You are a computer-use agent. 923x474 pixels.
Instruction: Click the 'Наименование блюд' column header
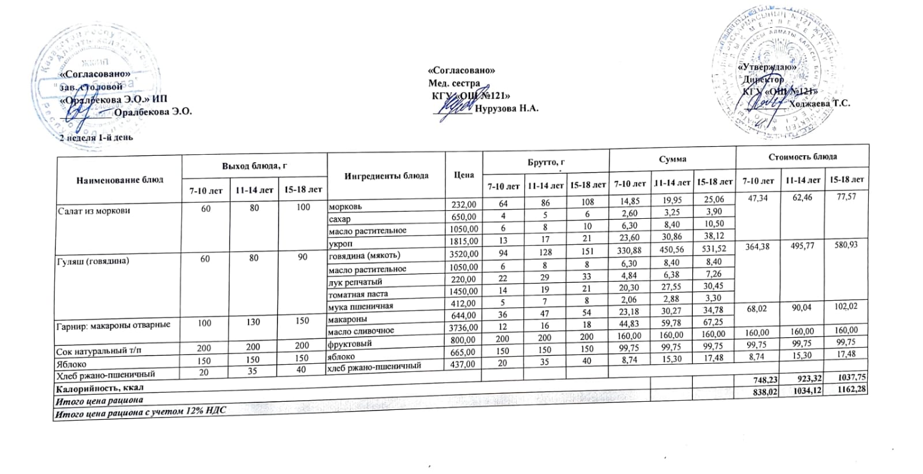click(x=119, y=180)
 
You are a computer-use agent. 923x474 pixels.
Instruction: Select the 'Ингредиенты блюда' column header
click(x=386, y=176)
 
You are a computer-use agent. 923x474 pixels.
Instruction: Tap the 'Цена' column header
click(x=464, y=174)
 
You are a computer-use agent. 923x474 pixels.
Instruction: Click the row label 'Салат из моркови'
click(x=85, y=211)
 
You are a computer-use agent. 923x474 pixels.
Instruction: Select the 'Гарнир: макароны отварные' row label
click(x=113, y=324)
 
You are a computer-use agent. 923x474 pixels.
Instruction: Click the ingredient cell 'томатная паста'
click(x=358, y=294)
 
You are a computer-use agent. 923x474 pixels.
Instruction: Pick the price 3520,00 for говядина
click(x=463, y=253)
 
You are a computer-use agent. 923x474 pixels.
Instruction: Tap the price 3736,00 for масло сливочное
click(x=463, y=327)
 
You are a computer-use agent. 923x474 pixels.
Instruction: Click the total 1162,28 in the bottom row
click(x=846, y=389)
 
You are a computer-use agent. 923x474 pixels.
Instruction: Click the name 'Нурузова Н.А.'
click(x=507, y=108)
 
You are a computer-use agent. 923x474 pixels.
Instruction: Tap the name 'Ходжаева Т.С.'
click(x=819, y=103)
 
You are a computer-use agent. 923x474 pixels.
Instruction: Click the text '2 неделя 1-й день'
click(x=96, y=137)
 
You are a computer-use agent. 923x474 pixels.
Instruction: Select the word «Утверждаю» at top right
click(x=767, y=67)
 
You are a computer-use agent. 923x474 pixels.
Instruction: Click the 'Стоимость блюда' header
click(x=802, y=156)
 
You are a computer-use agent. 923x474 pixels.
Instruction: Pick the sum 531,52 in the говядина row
click(x=715, y=249)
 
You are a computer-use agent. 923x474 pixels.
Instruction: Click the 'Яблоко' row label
click(x=72, y=364)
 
